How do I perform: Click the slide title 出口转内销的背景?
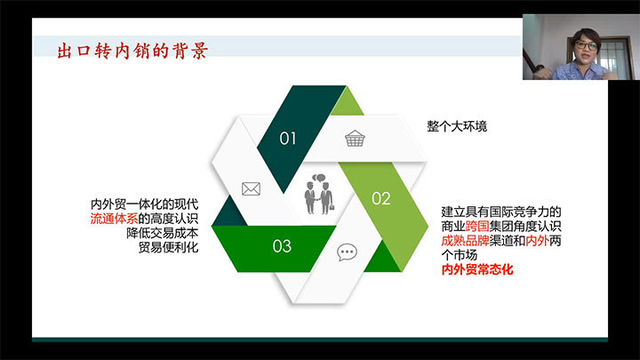[132, 51]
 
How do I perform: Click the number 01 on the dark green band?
[288, 139]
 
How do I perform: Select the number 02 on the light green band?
[380, 199]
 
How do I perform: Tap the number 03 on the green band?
[282, 246]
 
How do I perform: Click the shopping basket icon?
[355, 139]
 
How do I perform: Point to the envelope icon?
[251, 189]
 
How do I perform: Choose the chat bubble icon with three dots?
[347, 252]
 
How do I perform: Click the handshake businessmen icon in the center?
[319, 195]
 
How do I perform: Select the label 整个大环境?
[457, 126]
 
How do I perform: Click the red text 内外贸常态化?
[477, 270]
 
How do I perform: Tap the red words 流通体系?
[114, 219]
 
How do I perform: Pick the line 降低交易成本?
[162, 233]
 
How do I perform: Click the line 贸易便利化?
[168, 247]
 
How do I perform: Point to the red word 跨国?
[477, 226]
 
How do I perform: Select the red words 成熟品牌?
[465, 241]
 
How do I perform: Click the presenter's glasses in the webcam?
[587, 45]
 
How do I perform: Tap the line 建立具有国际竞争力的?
[501, 212]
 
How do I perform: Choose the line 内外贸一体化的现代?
[144, 204]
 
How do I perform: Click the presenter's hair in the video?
[586, 35]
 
